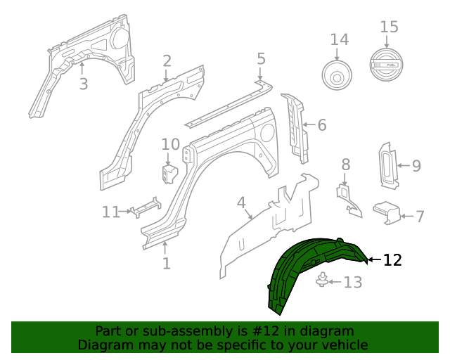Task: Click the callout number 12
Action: [392, 260]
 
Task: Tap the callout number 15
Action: [389, 27]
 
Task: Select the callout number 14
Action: [339, 39]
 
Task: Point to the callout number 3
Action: [83, 85]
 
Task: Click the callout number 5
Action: [261, 58]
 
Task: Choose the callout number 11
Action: [111, 211]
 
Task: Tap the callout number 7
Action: [420, 216]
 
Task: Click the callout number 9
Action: [416, 166]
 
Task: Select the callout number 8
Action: [345, 165]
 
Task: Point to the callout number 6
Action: [321, 126]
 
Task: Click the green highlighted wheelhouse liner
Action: [309, 271]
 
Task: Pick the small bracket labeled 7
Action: [387, 210]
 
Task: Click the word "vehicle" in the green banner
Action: [345, 345]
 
